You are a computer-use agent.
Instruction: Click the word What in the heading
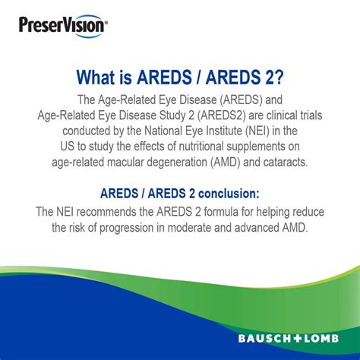point(99,77)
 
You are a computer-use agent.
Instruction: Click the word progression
point(140,226)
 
